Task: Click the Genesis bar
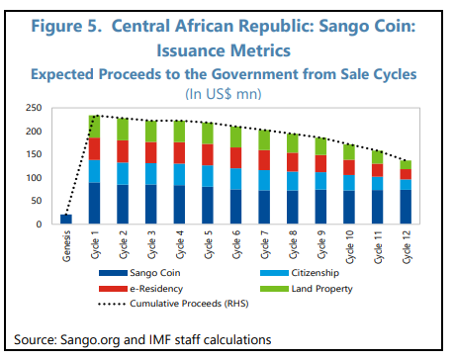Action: pyautogui.click(x=66, y=220)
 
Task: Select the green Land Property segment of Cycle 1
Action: pyautogui.click(x=94, y=127)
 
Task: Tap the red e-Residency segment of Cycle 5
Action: pyautogui.click(x=208, y=154)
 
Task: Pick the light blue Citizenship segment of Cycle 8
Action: pyautogui.click(x=293, y=181)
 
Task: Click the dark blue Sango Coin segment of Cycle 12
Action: pyautogui.click(x=406, y=207)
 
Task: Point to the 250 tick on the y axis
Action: pyautogui.click(x=34, y=108)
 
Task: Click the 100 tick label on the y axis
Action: pyautogui.click(x=34, y=178)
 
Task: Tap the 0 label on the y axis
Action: pyautogui.click(x=39, y=225)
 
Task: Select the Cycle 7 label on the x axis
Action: pyautogui.click(x=265, y=244)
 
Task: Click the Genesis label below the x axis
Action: pyautogui.click(x=66, y=246)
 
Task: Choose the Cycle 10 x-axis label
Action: pyautogui.click(x=349, y=247)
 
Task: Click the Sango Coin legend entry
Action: pyautogui.click(x=139, y=273)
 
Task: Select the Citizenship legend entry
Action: pyautogui.click(x=300, y=273)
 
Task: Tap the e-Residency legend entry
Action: pyautogui.click(x=140, y=289)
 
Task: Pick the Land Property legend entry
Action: pyautogui.click(x=307, y=289)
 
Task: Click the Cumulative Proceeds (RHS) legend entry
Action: pyautogui.click(x=173, y=304)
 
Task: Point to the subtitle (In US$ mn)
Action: pyautogui.click(x=224, y=94)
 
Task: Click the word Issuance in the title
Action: pyautogui.click(x=191, y=50)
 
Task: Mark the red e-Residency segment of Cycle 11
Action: pyautogui.click(x=378, y=170)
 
